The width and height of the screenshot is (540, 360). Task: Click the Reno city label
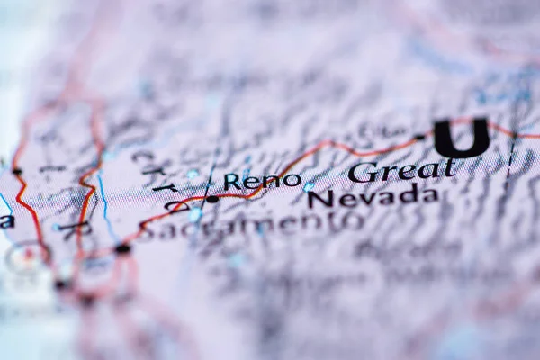click(x=262, y=181)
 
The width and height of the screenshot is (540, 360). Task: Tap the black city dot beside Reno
click(x=212, y=199)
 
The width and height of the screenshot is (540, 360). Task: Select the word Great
click(x=401, y=169)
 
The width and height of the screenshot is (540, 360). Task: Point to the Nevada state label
click(x=373, y=195)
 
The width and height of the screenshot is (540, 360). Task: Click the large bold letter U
click(x=462, y=138)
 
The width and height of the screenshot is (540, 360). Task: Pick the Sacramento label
click(x=250, y=225)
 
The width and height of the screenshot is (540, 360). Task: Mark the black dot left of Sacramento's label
click(x=122, y=247)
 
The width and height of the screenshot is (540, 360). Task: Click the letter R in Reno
click(x=232, y=182)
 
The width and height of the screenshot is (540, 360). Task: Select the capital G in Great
click(x=362, y=172)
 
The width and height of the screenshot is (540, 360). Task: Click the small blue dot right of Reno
click(x=309, y=186)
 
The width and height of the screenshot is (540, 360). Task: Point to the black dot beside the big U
click(x=420, y=138)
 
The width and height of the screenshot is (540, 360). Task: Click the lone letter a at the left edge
click(x=6, y=220)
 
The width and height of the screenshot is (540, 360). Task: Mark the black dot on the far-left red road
click(x=17, y=171)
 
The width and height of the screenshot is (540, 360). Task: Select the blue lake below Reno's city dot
click(x=195, y=214)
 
